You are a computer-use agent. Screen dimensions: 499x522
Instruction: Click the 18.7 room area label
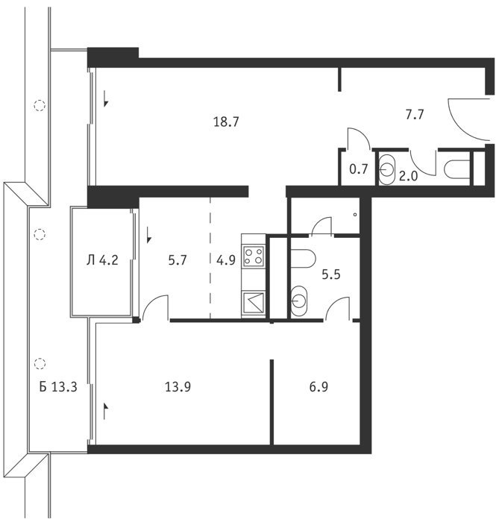226,122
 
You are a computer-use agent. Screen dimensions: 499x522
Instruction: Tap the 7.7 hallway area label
415,115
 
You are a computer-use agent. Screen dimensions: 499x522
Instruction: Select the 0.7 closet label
359,169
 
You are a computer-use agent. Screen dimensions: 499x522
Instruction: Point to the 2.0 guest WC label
408,176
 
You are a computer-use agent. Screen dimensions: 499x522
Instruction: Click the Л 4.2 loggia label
102,260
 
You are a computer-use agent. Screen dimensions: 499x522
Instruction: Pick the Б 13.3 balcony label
58,387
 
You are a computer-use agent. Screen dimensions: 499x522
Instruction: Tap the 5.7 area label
178,260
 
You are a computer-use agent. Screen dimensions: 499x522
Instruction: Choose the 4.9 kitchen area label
226,260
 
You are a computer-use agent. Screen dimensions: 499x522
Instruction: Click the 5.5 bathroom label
331,274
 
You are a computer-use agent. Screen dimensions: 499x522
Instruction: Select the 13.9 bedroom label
178,387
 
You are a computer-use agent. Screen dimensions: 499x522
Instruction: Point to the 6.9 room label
318,387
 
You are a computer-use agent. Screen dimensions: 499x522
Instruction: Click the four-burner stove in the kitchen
254,256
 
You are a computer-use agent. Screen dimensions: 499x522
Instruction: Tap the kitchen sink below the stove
254,303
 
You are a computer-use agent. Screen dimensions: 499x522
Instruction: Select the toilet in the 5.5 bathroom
303,259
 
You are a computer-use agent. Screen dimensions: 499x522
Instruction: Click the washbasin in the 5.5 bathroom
298,301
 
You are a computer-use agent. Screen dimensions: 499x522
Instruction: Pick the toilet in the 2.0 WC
456,169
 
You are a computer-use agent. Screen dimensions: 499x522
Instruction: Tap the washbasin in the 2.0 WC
386,170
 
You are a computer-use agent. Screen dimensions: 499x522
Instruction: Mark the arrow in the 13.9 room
106,410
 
